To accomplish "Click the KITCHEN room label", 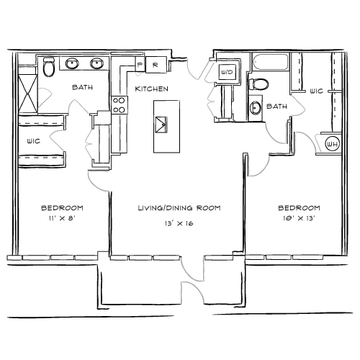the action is pyautogui.click(x=151, y=89).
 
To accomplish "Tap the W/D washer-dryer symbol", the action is pyautogui.click(x=227, y=72).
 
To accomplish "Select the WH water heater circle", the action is pyautogui.click(x=333, y=144).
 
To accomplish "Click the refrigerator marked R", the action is pyautogui.click(x=156, y=65).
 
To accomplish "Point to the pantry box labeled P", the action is pyautogui.click(x=140, y=64).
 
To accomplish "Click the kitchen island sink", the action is pyautogui.click(x=161, y=125).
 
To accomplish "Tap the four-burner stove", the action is pyautogui.click(x=120, y=105).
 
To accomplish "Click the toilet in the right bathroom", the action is pyautogui.click(x=258, y=84).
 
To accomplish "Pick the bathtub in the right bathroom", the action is pyautogui.click(x=271, y=62).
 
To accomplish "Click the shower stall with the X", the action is pyautogui.click(x=28, y=94).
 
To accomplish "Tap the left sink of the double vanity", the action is pyautogui.click(x=72, y=63).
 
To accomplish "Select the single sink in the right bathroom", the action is pyautogui.click(x=255, y=108).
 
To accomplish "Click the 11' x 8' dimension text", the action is pyautogui.click(x=62, y=218).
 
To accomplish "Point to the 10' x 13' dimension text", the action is pyautogui.click(x=299, y=218).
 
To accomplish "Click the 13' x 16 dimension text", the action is pyautogui.click(x=179, y=223).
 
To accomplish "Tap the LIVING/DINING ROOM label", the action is pyautogui.click(x=179, y=208).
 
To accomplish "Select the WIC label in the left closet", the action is pyautogui.click(x=34, y=141).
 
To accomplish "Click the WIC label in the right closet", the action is pyautogui.click(x=316, y=91).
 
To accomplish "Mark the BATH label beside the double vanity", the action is pyautogui.click(x=82, y=87).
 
